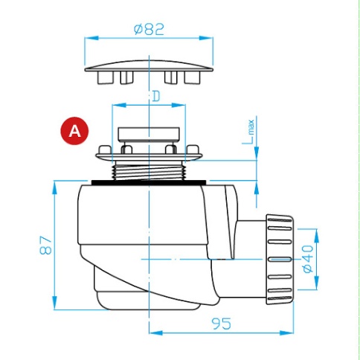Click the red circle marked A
pos(74,131)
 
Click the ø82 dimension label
pos(149,29)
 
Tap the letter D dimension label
pos(156,97)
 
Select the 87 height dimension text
pos(46,245)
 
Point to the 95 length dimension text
pos(222,324)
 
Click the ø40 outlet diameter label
pos(308,259)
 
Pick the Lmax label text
pos(248,132)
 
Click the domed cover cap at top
pos(149,66)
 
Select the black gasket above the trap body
pos(149,182)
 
